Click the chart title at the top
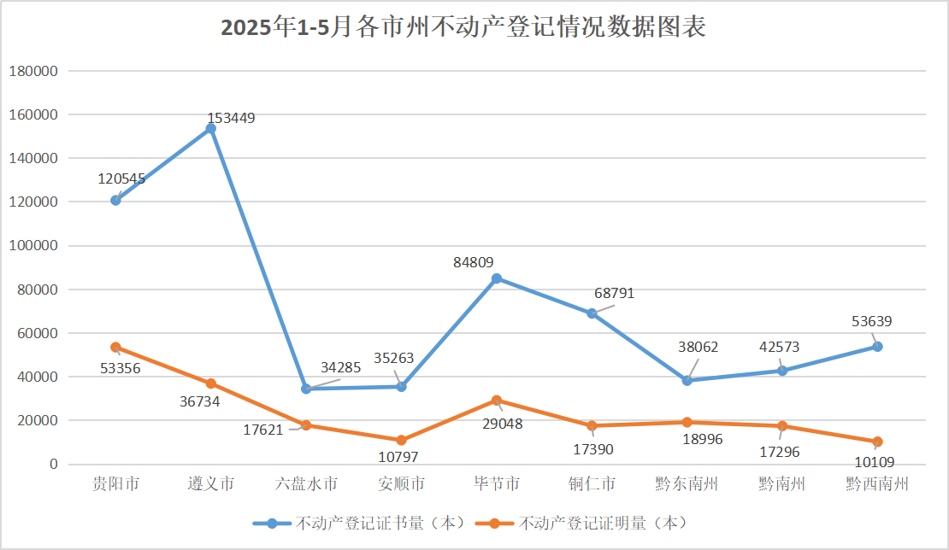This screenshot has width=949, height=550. tap(463, 27)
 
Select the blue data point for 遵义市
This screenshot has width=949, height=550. tap(210, 129)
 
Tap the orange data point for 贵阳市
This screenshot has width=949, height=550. tap(115, 348)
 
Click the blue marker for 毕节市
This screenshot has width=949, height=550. tap(496, 278)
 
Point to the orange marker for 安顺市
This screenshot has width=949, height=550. tap(401, 441)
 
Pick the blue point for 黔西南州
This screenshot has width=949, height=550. tap(877, 347)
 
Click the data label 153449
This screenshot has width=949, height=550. tap(231, 118)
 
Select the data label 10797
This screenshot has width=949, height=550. tap(398, 457)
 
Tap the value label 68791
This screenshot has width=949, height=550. tap(615, 293)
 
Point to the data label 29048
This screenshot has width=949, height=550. tap(503, 424)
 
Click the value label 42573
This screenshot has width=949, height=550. tap(780, 347)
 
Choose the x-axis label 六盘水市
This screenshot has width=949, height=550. tap(306, 483)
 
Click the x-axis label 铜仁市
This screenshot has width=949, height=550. tap(592, 483)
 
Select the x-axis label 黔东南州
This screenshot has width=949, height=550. tap(687, 483)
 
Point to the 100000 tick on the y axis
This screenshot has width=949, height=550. tap(33, 245)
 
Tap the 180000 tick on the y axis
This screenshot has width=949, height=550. tap(33, 71)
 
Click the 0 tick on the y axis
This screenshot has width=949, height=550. tap(54, 465)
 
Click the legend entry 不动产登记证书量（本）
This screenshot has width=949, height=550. tap(359, 523)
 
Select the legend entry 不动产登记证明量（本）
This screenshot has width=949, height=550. tap(582, 523)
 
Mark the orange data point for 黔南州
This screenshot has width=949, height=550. tap(782, 426)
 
